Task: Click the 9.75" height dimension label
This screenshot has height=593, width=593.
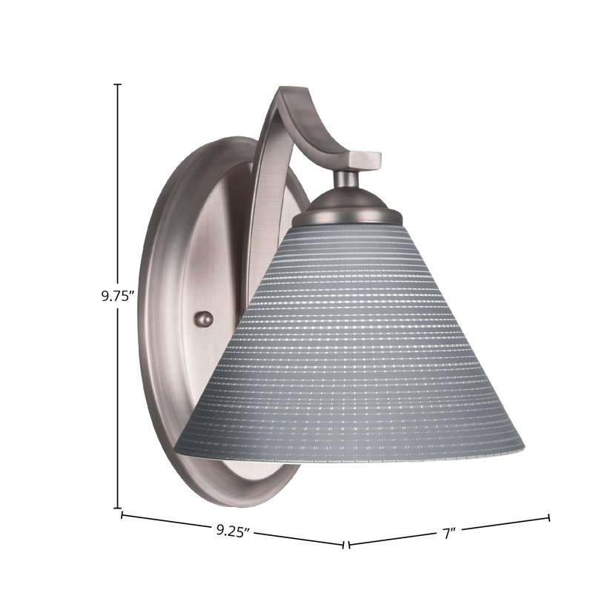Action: [119, 296]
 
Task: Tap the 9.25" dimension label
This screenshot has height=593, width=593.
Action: [233, 531]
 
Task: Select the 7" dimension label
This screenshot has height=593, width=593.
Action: [449, 534]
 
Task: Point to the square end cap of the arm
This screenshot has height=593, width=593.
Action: [365, 160]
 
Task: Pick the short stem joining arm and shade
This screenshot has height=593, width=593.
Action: [346, 179]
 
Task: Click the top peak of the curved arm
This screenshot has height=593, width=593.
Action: [293, 90]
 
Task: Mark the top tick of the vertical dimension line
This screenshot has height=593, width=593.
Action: [118, 85]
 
